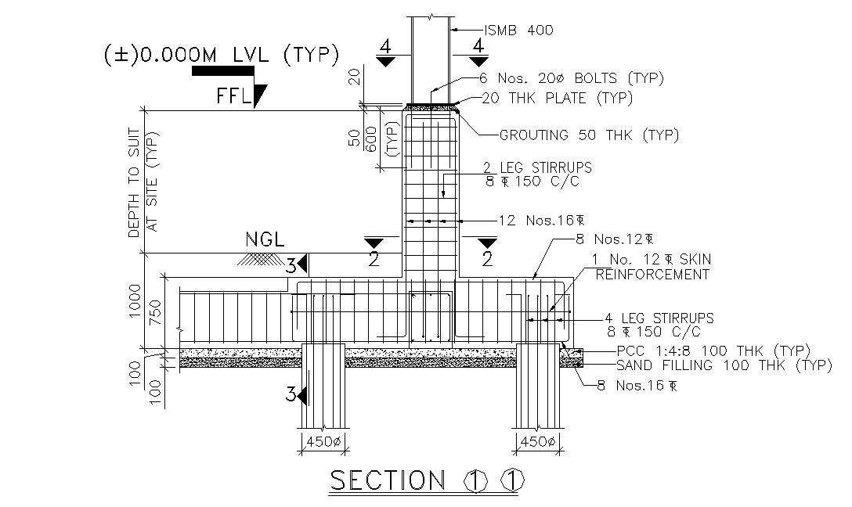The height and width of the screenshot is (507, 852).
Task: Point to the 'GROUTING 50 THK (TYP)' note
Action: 589,135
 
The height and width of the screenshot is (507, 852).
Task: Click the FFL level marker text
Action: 235,96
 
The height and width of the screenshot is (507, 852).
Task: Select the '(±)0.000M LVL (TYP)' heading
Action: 221,55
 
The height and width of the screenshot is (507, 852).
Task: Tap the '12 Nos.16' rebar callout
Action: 541,220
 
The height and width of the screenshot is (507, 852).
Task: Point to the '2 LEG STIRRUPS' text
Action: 536,168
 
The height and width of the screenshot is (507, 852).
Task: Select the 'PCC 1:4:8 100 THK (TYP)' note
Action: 713,351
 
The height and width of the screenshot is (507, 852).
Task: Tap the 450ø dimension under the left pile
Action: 323,442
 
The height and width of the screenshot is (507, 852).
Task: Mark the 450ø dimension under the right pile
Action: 538,442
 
